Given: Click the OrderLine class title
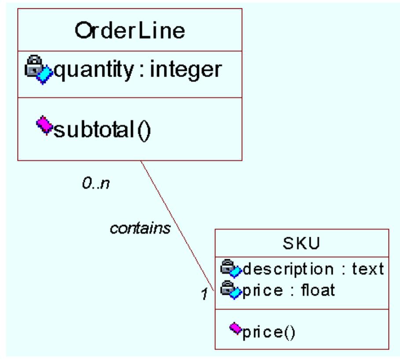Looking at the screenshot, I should coord(130,31).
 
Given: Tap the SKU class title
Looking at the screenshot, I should coord(302,243).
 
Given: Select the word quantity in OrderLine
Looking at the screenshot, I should coord(93,70).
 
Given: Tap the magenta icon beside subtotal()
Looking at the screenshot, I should coord(44,125).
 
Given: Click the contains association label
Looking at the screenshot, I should coord(140,228).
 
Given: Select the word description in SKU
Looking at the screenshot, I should coord(288,268).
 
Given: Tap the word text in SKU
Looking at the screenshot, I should coord(367,268).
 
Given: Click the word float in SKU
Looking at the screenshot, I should coord(318,290).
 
